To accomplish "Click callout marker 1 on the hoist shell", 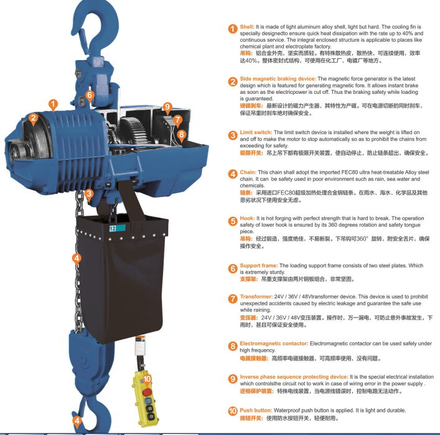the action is click(53, 104).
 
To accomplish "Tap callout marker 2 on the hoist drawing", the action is click(34, 118).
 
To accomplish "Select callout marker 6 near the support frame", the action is click(90, 95).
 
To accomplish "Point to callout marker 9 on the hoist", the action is click(167, 107).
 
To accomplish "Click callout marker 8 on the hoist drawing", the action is click(182, 134).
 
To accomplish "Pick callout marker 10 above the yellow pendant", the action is click(147, 379).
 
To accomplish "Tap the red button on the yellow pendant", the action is click(147, 392).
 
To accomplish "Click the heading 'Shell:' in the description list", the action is click(247, 27).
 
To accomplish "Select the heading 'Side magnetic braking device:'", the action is click(278, 79).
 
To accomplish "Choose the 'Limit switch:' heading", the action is click(256, 132).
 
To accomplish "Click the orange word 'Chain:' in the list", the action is click(248, 172).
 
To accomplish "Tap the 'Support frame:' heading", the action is click(259, 266).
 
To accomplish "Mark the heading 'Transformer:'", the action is click(256, 296).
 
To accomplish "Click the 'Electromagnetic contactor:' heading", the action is click(274, 344).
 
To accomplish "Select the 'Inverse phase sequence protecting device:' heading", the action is click(294, 377).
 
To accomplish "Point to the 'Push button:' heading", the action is click(256, 410).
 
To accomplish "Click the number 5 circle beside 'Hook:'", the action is click(233, 221).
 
